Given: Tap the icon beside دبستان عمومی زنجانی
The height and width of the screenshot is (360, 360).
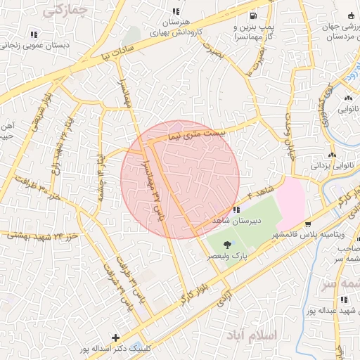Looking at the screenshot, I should click(x=34, y=34).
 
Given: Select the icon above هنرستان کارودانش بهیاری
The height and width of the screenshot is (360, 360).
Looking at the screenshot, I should click(x=176, y=12).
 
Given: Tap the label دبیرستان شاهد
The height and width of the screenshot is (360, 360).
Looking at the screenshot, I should click(x=237, y=221).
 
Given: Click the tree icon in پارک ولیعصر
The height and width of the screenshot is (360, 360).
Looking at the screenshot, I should click(x=226, y=245).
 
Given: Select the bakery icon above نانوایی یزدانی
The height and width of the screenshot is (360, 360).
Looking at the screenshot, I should click(x=332, y=155).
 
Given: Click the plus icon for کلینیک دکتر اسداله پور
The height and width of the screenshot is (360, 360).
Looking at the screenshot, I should click(x=116, y=337).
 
